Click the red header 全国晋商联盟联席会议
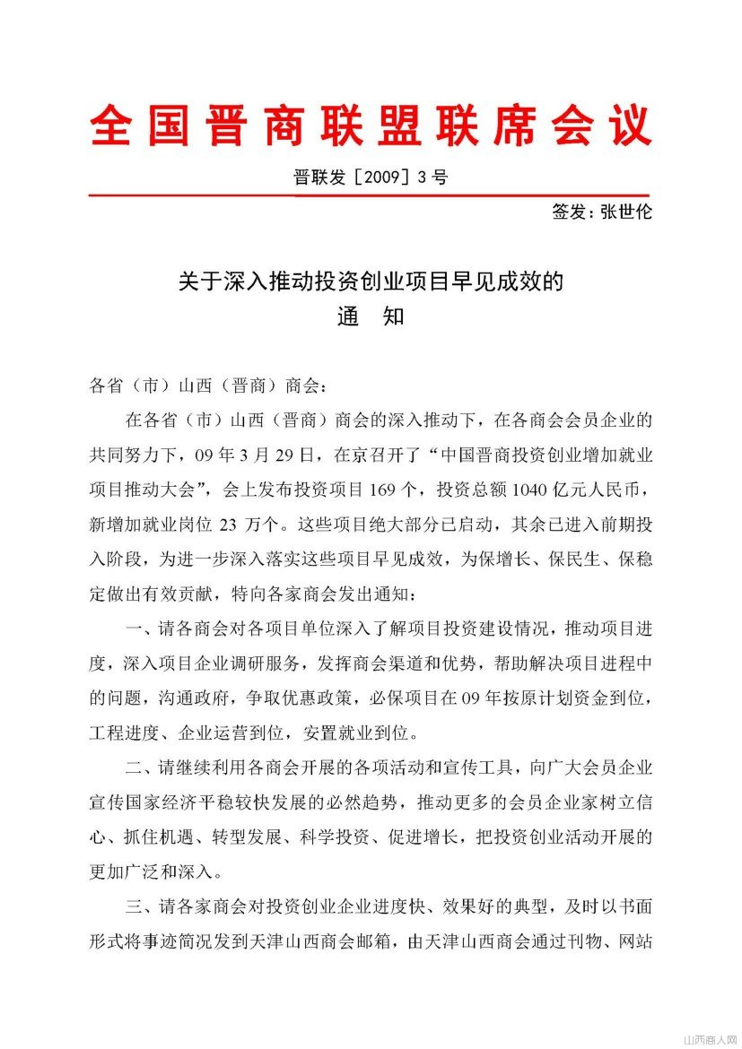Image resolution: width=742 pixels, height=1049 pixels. [371, 126]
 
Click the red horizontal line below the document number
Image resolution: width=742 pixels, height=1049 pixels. [370, 194]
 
